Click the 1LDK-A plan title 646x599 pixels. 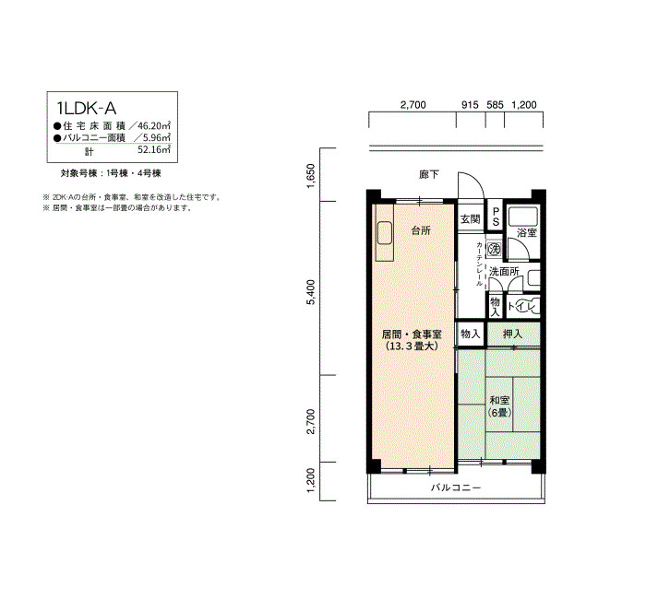click(87, 108)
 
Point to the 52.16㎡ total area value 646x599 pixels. click(154, 149)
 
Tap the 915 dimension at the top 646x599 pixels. click(470, 105)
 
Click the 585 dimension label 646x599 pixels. click(495, 105)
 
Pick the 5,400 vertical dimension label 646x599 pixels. click(311, 292)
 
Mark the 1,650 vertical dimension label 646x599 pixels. click(311, 176)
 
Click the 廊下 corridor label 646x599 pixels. click(429, 175)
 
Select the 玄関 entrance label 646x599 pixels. click(470, 219)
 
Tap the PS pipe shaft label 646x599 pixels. click(496, 216)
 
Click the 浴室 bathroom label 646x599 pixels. click(527, 232)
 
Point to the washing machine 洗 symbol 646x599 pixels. click(494, 249)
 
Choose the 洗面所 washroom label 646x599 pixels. click(504, 272)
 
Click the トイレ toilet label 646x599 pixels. click(523, 307)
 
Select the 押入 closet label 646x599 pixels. click(512, 334)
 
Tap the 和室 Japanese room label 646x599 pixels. click(499, 400)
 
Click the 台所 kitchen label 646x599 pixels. click(421, 230)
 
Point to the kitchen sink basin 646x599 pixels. click(385, 233)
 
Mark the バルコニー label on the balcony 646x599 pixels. click(456, 487)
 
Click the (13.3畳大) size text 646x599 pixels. click(412, 346)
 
